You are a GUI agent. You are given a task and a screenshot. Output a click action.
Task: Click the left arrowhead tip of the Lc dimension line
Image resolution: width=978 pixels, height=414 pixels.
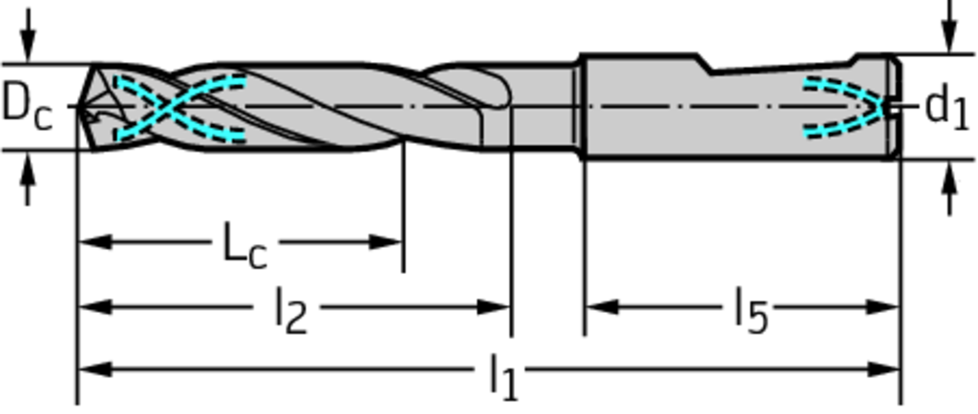(78, 241)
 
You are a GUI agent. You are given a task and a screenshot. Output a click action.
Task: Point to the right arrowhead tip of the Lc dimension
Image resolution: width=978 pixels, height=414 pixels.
(403, 241)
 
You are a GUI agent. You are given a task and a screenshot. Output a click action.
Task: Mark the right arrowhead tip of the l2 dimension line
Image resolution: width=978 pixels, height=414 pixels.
(511, 307)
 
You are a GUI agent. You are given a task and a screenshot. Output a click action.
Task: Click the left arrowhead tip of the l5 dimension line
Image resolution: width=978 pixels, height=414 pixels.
(585, 307)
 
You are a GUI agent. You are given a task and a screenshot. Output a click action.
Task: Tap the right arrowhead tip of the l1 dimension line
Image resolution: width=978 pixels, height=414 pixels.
(900, 369)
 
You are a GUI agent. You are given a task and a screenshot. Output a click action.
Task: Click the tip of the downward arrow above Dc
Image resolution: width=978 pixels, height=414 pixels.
(28, 63)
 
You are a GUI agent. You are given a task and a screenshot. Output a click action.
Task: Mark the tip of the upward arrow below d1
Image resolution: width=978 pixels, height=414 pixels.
(949, 160)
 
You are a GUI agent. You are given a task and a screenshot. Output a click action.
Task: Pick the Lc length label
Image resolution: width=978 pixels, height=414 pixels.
(245, 246)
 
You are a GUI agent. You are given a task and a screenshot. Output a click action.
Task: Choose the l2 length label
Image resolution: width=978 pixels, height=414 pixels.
(291, 310)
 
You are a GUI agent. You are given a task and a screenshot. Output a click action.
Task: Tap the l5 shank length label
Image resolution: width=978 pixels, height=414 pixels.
(751, 310)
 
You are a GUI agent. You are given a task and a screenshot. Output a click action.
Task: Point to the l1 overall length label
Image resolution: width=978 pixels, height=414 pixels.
(503, 376)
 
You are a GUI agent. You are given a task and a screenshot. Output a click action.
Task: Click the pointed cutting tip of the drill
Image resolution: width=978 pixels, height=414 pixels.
(82, 107)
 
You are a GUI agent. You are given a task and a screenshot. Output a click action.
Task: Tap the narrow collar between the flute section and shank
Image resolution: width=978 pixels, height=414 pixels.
(579, 107)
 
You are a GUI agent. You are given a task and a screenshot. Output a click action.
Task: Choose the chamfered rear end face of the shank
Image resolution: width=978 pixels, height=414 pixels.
(895, 107)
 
